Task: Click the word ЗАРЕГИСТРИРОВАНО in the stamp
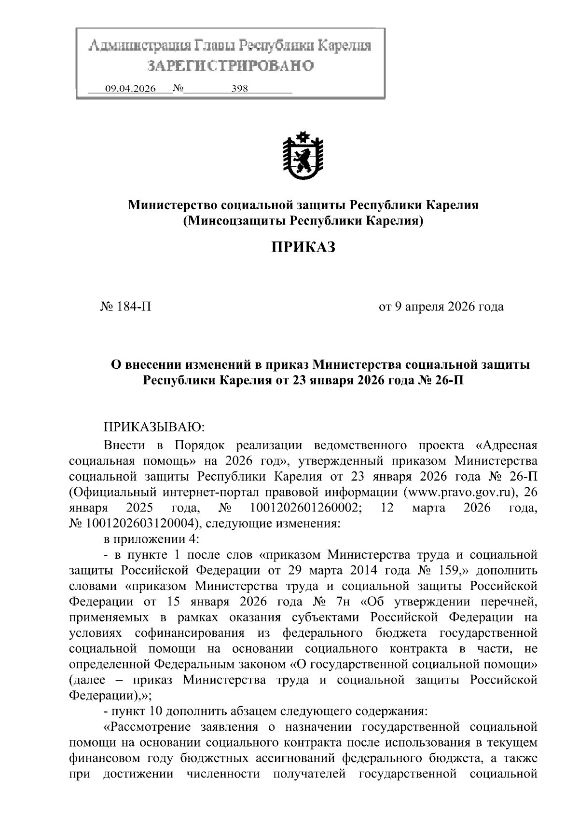(x=231, y=65)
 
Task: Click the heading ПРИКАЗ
(x=303, y=247)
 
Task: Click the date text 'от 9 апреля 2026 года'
(x=441, y=307)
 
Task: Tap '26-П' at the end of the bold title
(x=449, y=380)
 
